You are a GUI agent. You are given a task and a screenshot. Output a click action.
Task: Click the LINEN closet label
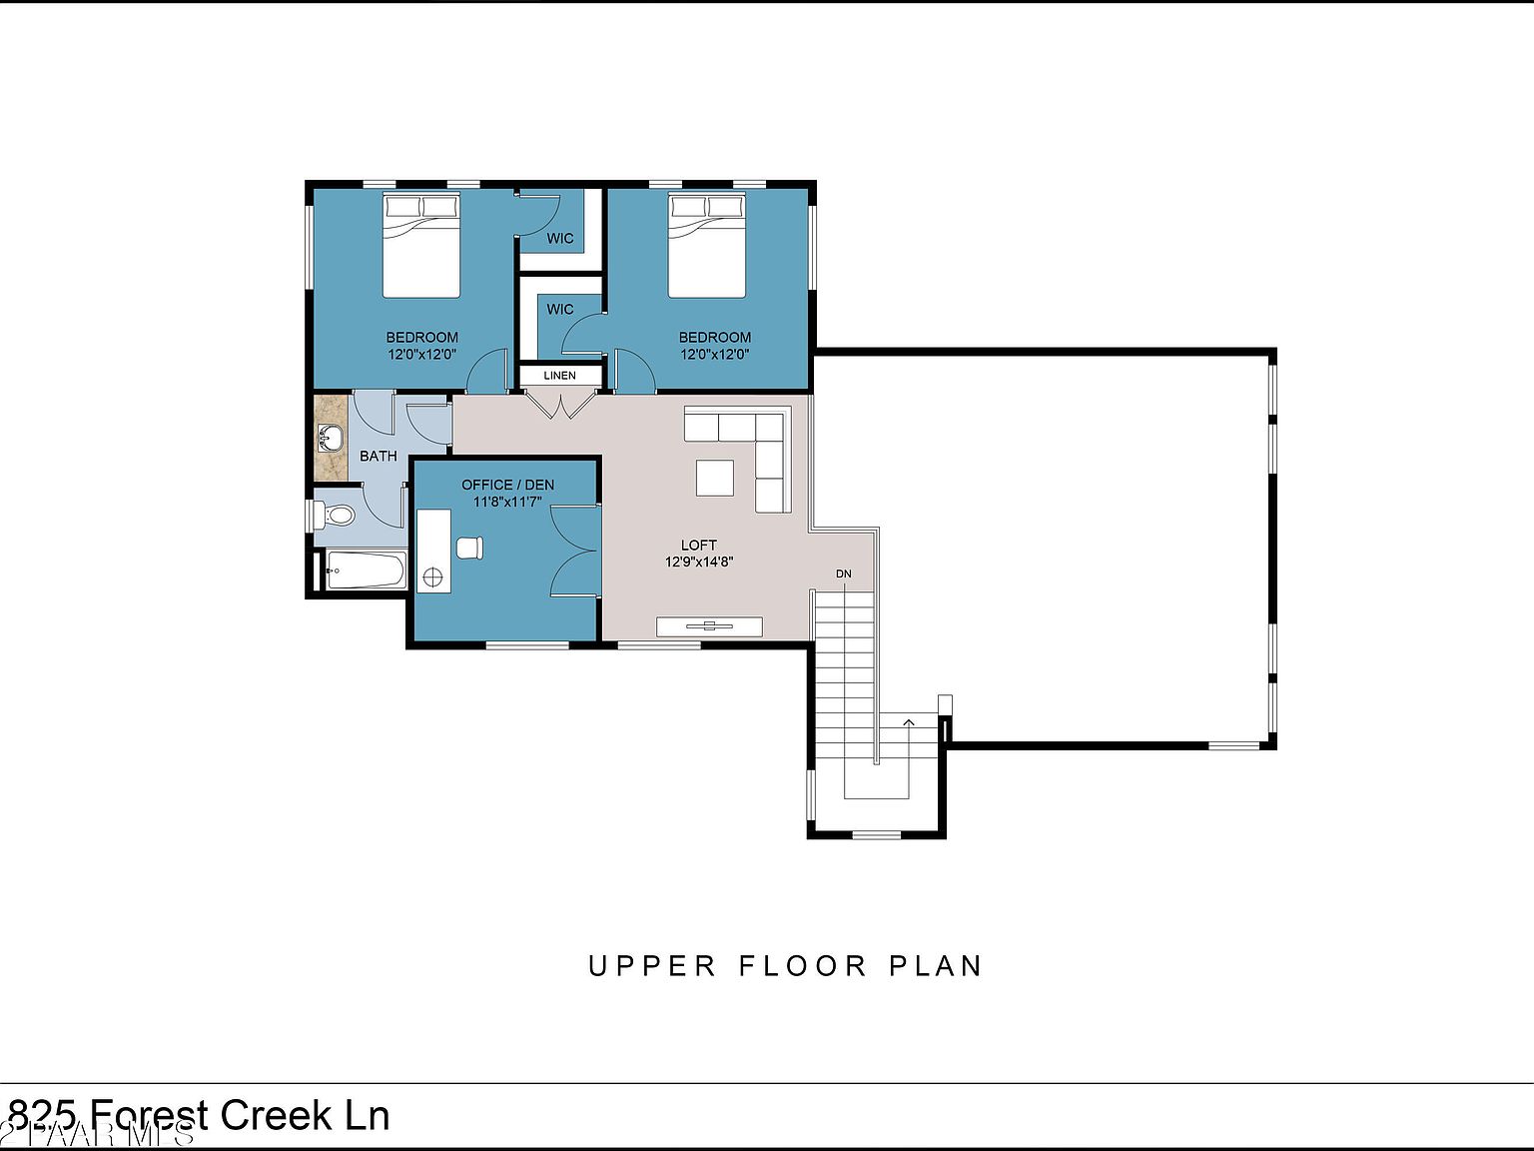[x=560, y=376]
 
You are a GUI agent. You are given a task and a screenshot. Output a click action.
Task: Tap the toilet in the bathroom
[x=334, y=516]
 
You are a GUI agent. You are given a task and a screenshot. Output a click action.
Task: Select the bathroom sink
[x=329, y=438]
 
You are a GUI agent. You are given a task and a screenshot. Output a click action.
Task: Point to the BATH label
[x=379, y=456]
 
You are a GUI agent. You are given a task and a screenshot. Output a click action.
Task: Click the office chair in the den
[x=469, y=547]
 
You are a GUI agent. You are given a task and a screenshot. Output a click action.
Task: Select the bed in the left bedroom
[x=421, y=246]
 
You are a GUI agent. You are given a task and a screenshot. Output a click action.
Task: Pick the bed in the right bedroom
[x=707, y=246]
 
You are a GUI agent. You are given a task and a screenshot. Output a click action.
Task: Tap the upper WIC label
[x=560, y=238]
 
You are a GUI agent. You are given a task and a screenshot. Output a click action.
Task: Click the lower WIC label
[x=560, y=309]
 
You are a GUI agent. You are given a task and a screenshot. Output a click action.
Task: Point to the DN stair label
[x=844, y=574]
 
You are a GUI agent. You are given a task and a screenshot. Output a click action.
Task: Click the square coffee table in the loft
[x=714, y=477]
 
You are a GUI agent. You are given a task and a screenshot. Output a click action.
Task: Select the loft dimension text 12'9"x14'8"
[x=699, y=562]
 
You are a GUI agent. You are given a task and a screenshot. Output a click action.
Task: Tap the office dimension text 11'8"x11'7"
[x=507, y=502]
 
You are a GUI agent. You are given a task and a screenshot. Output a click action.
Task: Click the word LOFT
[x=699, y=545]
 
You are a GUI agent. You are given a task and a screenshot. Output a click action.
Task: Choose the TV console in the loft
[x=709, y=626]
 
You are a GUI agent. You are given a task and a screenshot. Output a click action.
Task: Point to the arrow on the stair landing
[x=909, y=721]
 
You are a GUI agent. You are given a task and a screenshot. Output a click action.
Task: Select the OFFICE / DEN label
[x=507, y=485]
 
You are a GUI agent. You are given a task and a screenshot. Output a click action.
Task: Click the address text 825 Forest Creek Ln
[x=200, y=1115]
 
